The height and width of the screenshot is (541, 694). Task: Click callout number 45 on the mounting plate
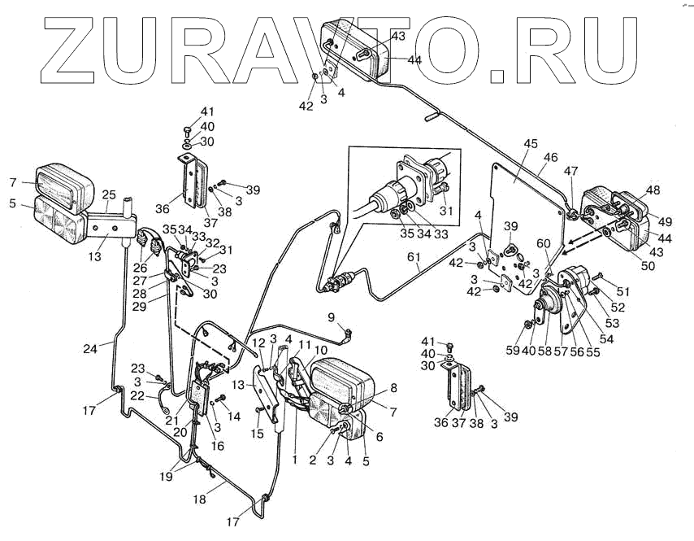point(530,144)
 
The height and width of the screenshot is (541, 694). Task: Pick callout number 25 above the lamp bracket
point(108,194)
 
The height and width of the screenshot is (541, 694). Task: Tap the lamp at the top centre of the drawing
point(358,49)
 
